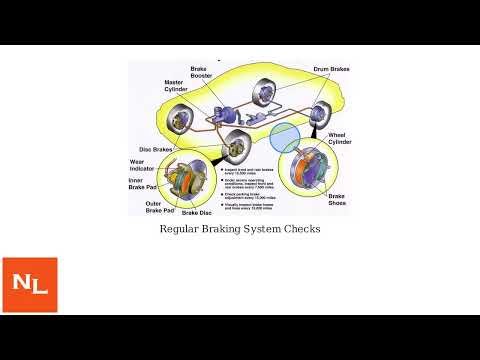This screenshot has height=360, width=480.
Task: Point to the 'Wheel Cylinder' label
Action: (340, 138)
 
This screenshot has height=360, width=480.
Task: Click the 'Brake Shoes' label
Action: (337, 201)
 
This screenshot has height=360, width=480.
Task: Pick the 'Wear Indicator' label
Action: (143, 167)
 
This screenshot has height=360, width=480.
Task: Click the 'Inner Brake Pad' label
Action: (143, 184)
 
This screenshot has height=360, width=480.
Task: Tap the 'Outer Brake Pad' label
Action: (160, 207)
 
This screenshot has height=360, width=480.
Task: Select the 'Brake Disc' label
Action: (199, 213)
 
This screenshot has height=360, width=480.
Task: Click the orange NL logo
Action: (30, 285)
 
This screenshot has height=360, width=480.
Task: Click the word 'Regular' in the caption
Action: (181, 229)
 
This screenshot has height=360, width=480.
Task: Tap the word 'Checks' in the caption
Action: (299, 229)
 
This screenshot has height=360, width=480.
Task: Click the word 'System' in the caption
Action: (264, 229)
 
